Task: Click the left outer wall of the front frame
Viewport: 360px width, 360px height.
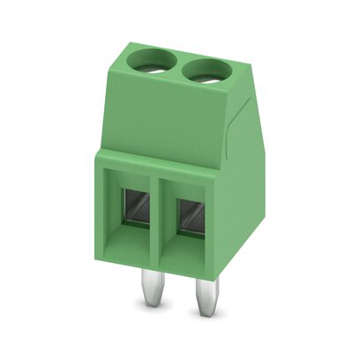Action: (101, 212)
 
